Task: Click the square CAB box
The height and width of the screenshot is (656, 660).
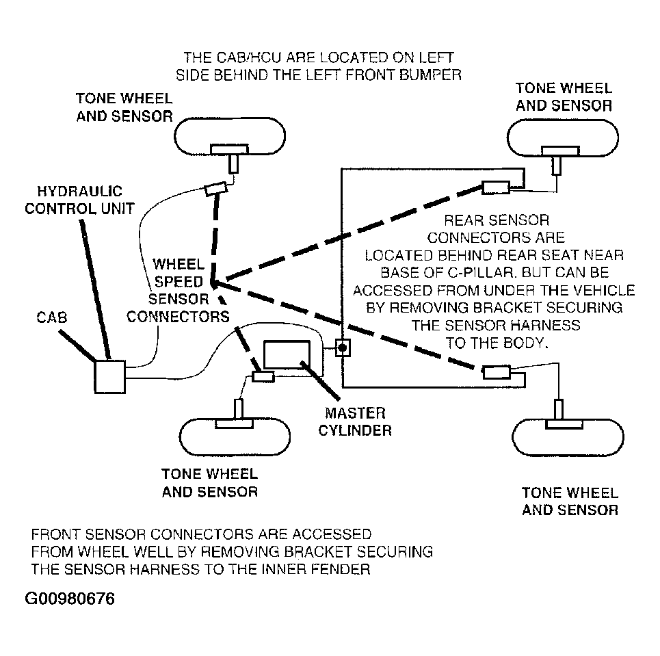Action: [110, 376]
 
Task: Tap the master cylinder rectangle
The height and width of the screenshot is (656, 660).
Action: [287, 354]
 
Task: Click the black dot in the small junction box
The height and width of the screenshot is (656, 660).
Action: [343, 347]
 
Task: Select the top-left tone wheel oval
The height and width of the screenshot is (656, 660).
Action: [230, 136]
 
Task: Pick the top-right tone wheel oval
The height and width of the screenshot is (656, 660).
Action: [563, 137]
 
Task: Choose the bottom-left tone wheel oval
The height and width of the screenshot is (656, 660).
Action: [235, 437]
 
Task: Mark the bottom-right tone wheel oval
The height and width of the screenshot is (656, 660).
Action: [568, 438]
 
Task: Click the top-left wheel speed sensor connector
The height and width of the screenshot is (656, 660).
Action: [216, 189]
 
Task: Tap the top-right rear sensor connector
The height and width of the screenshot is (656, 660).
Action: [496, 187]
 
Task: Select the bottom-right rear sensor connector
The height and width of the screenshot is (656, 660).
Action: [497, 372]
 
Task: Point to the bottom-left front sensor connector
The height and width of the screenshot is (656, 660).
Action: [263, 376]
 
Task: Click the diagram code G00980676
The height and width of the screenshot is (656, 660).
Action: [70, 599]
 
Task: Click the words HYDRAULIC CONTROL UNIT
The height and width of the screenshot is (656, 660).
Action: [79, 200]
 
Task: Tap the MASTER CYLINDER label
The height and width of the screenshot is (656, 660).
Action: [355, 421]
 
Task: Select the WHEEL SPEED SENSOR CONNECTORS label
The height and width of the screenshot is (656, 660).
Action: [178, 290]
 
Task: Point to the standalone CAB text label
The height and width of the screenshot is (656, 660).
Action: [52, 317]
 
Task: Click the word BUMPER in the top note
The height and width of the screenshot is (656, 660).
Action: [430, 75]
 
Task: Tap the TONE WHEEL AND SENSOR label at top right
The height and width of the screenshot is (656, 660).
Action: [564, 97]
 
